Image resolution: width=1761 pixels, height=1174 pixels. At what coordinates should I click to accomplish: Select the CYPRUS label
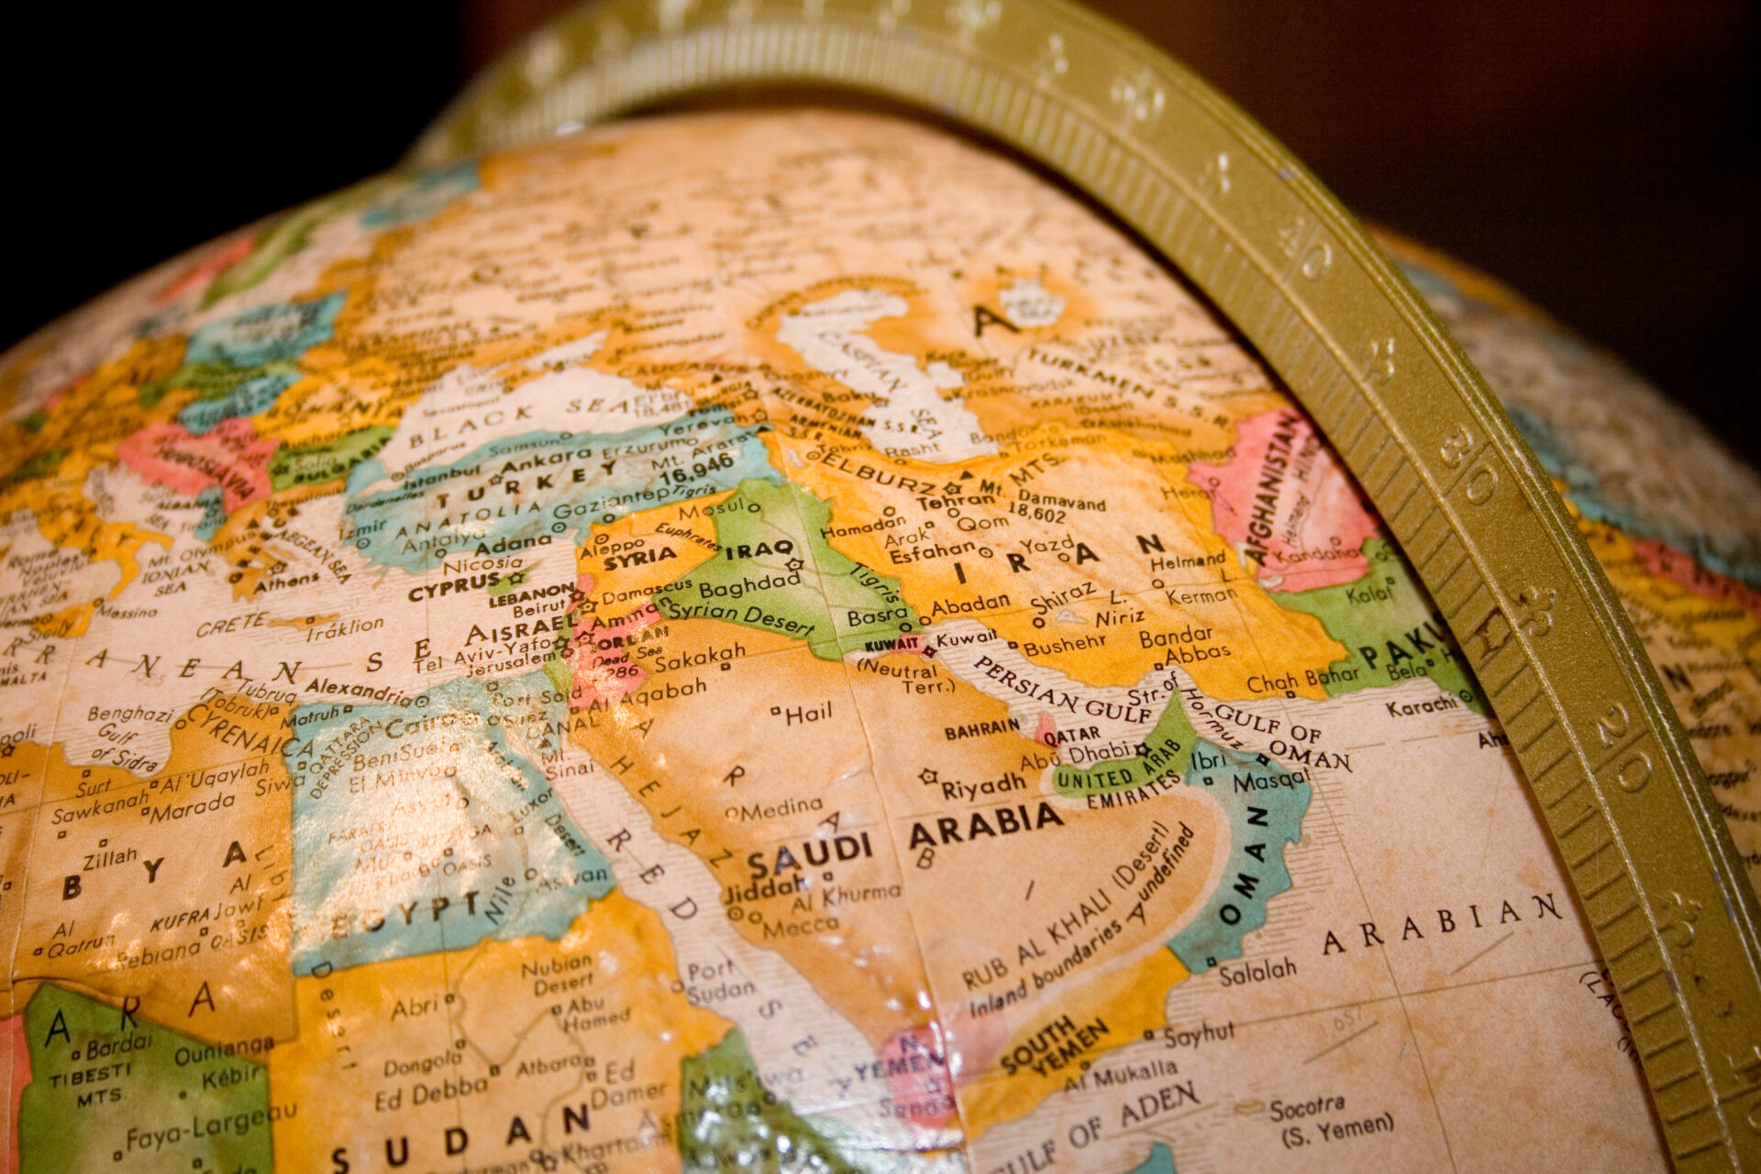click(x=454, y=585)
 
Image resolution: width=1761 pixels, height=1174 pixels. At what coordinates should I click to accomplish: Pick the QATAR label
click(x=1072, y=734)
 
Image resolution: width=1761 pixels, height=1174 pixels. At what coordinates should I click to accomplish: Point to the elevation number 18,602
click(x=1036, y=515)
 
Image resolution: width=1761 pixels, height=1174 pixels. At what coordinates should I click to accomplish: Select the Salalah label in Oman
click(x=1257, y=970)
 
